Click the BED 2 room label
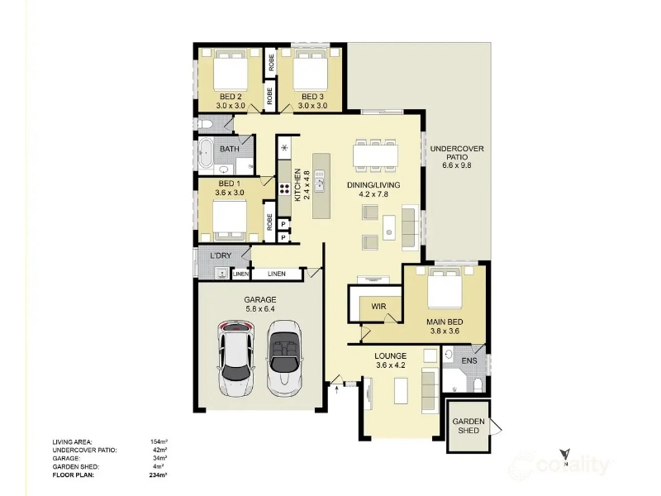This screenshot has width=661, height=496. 231,97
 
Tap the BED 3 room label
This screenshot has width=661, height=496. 312,97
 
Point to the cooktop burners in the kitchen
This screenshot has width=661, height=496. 284,188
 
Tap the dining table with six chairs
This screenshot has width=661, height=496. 375,155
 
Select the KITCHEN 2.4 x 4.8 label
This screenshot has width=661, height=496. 302,184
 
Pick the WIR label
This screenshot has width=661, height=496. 378,307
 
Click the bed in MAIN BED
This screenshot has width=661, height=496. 445,288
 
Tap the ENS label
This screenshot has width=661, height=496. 469,360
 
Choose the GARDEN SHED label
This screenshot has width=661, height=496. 468,426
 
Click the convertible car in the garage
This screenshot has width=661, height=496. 283,359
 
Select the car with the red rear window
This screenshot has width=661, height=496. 236,359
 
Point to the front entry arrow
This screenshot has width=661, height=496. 336,390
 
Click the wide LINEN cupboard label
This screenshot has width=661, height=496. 277,274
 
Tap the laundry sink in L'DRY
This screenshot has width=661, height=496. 221,274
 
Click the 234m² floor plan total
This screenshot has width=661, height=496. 159,475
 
